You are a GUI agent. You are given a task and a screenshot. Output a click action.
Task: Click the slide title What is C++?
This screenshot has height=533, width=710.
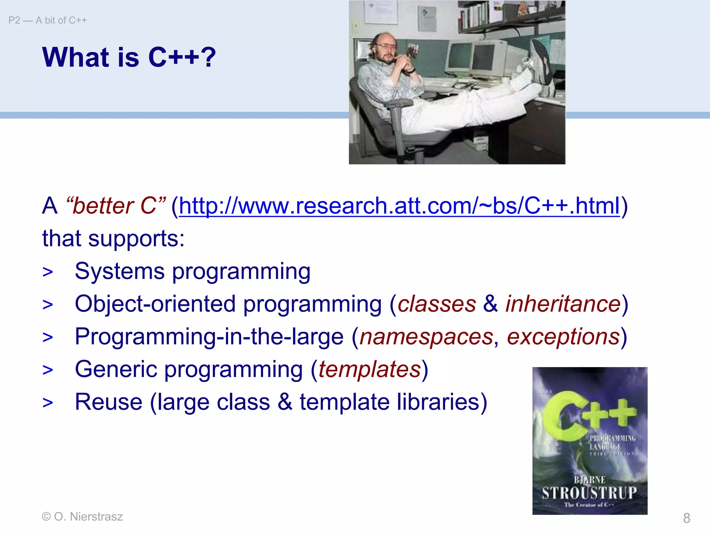(129, 57)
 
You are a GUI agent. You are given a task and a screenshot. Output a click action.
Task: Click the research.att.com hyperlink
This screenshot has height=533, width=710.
(399, 206)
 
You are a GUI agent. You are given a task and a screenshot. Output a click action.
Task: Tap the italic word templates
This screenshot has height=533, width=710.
(370, 369)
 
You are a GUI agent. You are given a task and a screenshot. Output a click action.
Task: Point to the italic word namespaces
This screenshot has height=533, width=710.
(426, 337)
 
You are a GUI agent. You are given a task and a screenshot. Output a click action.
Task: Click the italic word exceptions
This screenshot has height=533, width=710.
(563, 337)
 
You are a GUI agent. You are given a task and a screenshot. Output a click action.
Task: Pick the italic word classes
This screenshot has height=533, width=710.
(437, 304)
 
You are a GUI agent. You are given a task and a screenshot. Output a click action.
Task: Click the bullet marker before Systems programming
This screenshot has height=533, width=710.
(48, 272)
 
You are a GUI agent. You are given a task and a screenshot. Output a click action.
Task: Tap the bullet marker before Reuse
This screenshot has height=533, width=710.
(48, 403)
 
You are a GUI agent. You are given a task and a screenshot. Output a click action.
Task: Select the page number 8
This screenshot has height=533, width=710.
(686, 518)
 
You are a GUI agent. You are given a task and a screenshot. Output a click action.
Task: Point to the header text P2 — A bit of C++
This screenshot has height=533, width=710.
(48, 20)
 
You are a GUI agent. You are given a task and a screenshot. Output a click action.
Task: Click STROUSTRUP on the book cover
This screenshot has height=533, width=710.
(589, 493)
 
